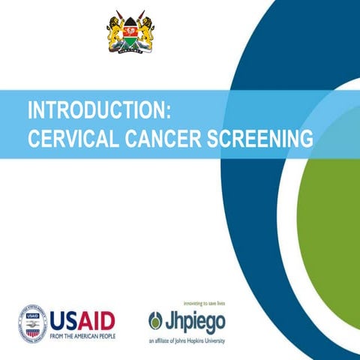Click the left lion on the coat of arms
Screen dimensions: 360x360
115,33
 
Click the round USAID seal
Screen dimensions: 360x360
32,323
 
